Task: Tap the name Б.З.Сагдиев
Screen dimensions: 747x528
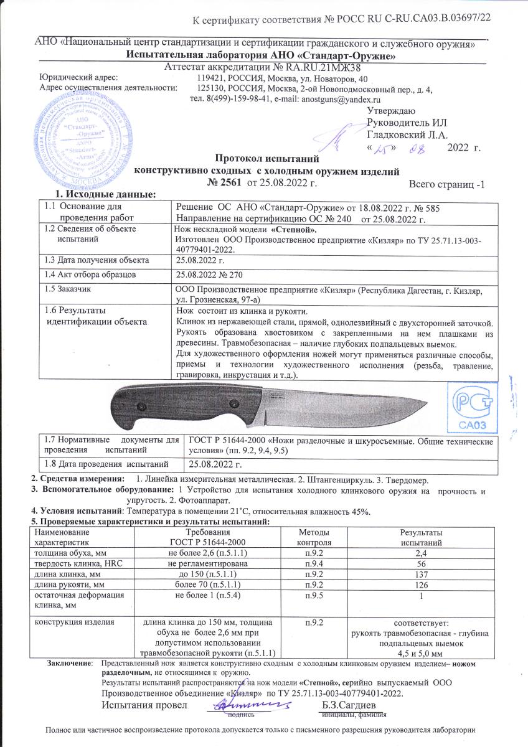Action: coord(349,705)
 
